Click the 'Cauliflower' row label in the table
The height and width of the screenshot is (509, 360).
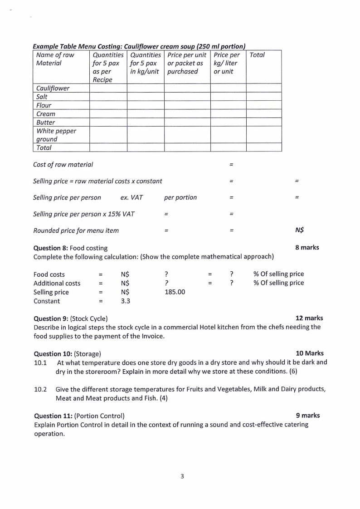[53, 88]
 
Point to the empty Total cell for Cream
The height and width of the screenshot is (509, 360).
[263, 114]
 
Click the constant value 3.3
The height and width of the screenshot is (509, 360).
[126, 301]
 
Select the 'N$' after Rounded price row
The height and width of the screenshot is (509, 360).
[299, 230]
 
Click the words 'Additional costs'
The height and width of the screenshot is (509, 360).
[57, 283]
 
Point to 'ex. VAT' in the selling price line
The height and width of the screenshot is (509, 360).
[131, 197]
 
